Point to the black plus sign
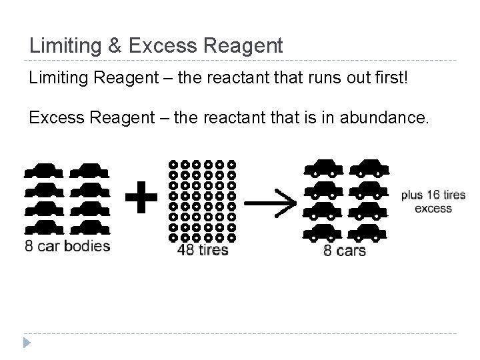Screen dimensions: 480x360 (141, 198)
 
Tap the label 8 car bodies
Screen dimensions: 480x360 (67, 246)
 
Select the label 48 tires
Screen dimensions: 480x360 (203, 251)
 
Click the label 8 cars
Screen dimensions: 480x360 (345, 251)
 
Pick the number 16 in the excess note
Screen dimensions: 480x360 (431, 195)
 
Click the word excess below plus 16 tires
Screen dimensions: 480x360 (433, 208)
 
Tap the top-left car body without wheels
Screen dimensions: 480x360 (43, 170)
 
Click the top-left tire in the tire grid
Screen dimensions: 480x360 (173, 163)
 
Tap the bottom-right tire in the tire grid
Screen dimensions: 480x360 (231, 237)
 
